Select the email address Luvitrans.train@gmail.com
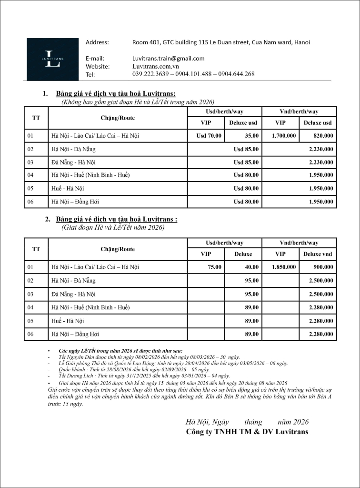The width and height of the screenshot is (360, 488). pos(168,58)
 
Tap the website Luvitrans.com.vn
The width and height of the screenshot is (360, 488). pos(155,66)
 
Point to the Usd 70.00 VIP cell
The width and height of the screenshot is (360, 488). pos(209,136)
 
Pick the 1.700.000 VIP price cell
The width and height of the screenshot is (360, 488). pos(284,136)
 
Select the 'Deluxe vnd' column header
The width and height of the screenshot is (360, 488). pos(318,254)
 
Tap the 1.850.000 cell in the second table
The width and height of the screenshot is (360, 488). pos(284,267)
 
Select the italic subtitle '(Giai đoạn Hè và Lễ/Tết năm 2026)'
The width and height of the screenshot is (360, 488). pos(113,227)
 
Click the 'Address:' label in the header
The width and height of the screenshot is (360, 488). pos(97,42)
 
